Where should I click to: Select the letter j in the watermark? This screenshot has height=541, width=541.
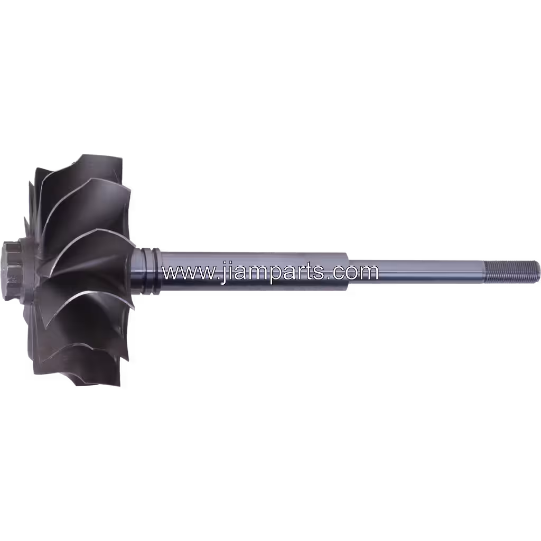225,272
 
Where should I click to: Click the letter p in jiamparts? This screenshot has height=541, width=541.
275,275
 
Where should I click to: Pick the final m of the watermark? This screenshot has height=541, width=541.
368,273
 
